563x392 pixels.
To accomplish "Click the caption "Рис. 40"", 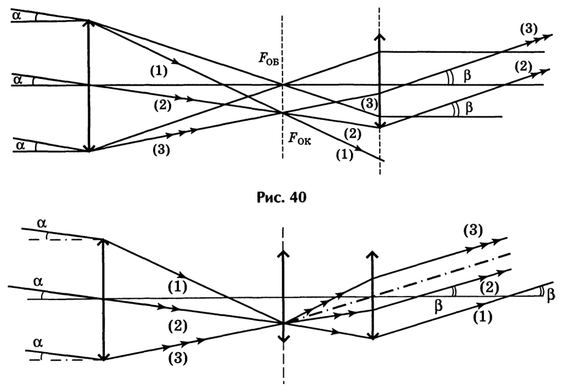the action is (x=282, y=197).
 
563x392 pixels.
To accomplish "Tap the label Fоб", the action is (x=268, y=59).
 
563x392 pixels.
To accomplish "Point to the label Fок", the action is (x=300, y=138).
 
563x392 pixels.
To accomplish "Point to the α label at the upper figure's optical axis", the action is (x=17, y=80).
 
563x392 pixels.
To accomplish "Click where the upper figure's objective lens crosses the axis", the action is (x=89, y=85).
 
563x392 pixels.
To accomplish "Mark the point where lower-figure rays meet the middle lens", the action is (x=284, y=323).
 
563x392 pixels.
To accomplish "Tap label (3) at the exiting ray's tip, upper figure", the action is (x=529, y=28).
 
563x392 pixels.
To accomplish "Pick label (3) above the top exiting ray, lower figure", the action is (x=473, y=230).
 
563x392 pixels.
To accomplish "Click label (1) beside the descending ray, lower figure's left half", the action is (x=177, y=287).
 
